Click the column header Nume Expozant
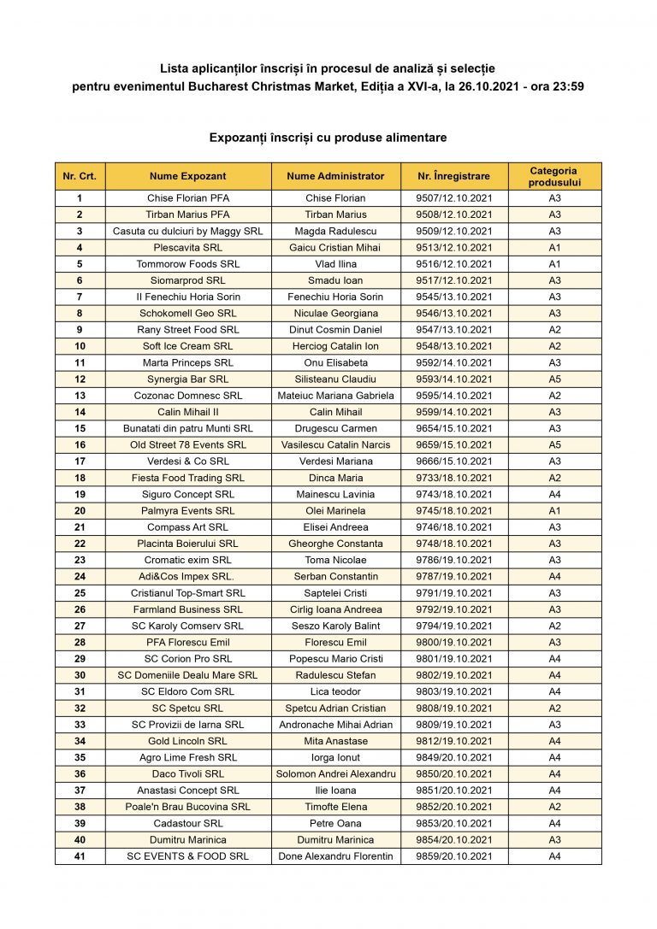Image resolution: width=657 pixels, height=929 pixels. pos(188,176)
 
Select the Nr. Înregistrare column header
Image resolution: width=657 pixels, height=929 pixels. pos(454,176)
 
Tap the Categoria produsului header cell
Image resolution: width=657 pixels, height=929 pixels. pos(554,176)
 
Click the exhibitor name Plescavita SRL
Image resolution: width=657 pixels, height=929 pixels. pos(188,248)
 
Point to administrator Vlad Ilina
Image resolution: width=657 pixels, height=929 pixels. pos(336,264)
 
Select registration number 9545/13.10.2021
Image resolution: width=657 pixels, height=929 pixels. pos(454,297)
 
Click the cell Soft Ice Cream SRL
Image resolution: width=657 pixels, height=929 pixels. pos(188,346)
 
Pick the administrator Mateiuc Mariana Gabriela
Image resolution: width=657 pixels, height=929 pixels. pos(336,396)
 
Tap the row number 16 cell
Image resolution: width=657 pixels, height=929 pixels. pos(80,444)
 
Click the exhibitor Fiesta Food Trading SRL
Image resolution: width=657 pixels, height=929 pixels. pos(188,478)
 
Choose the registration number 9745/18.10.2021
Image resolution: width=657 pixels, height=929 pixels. pos(454,510)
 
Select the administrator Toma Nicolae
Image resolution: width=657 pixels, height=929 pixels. pos(336,560)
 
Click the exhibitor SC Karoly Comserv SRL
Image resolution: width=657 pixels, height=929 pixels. pos(188,626)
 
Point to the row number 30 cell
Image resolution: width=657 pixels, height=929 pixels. pos(80,675)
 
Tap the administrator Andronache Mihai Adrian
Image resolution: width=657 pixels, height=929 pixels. pos(336,724)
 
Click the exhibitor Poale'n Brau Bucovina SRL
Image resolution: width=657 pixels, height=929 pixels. pos(188,807)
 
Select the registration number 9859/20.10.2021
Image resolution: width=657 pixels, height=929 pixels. pos(454,856)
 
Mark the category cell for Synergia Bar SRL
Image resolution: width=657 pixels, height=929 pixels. pos(554,379)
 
